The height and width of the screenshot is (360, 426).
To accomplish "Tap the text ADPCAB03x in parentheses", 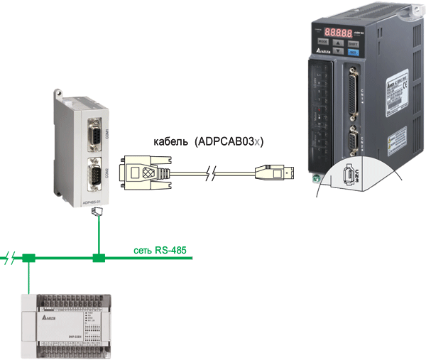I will point(229,142).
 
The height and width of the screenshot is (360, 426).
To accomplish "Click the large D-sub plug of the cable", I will point(146,173).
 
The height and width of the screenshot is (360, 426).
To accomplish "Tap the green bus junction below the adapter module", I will point(99,258).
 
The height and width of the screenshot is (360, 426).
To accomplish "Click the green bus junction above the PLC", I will point(28,258).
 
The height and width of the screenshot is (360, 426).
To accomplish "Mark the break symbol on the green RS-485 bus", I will point(9,256).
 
